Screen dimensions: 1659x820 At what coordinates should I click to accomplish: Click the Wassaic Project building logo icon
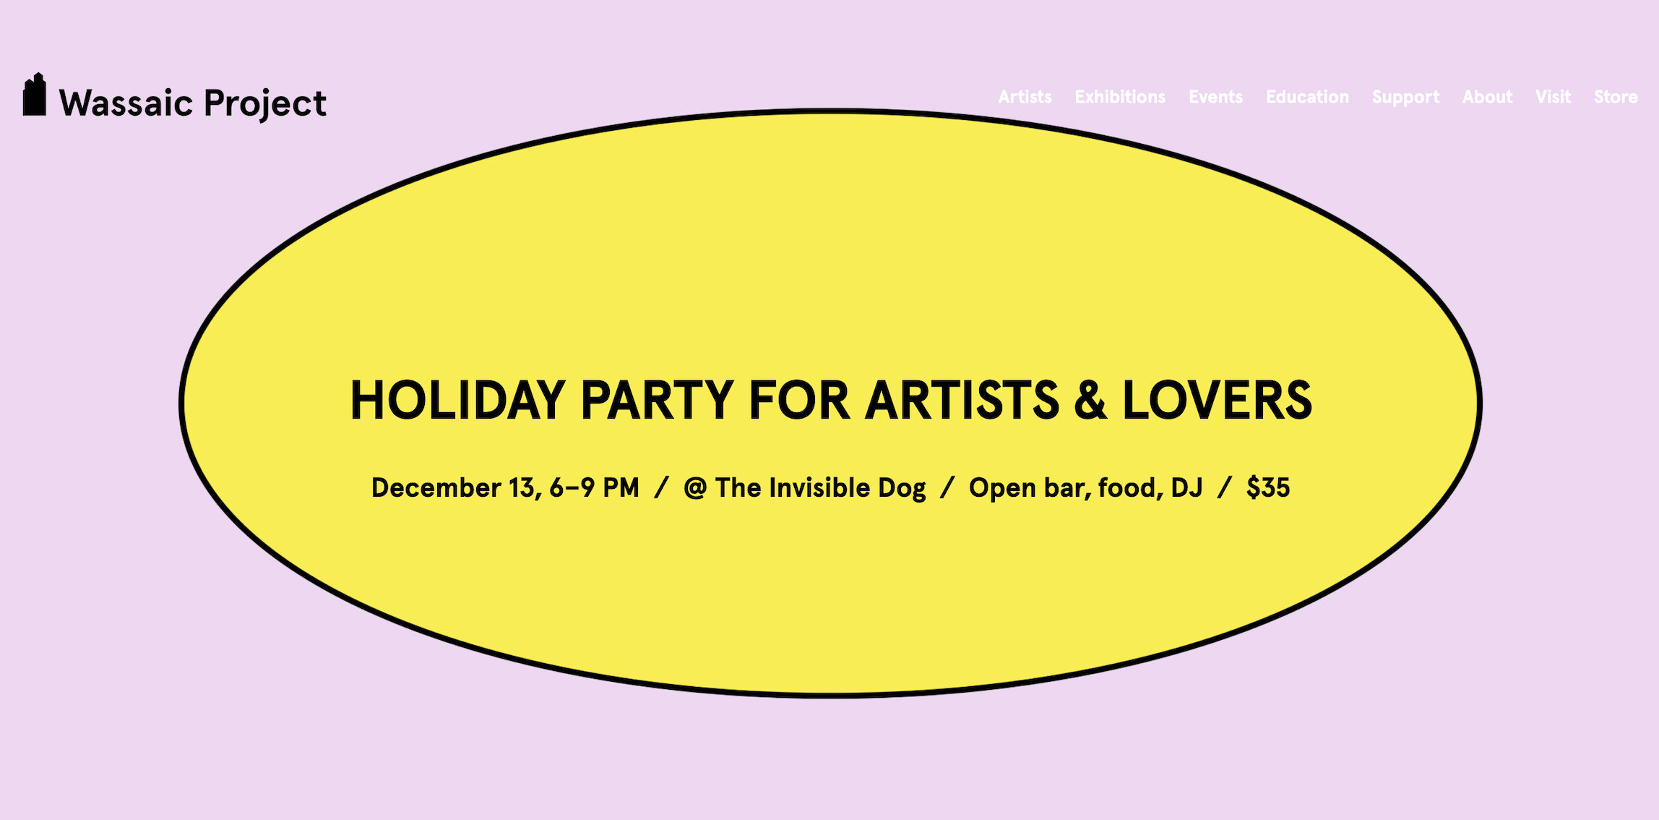coord(34,94)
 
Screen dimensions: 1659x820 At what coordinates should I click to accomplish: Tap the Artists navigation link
coord(1025,97)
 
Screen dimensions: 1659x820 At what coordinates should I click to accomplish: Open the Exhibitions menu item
coord(1120,97)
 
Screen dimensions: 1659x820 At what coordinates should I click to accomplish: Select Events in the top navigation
coord(1215,97)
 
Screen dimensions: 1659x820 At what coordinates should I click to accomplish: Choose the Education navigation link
coord(1307,97)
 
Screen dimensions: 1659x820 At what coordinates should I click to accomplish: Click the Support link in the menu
coord(1405,98)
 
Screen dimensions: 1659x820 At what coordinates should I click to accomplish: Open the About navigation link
coord(1487,97)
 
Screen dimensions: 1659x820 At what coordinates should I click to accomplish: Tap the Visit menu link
coord(1553,97)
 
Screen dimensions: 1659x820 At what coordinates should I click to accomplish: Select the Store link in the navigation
coord(1616,97)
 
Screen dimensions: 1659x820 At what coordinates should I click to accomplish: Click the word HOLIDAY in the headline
coord(457,400)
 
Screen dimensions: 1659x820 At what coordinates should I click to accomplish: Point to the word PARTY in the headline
coord(657,400)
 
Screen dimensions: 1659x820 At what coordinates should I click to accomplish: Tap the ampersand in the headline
coord(1090,400)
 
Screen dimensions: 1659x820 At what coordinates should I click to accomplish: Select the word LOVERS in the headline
coord(1217,400)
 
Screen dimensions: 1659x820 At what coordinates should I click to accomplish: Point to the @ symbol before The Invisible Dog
coord(695,489)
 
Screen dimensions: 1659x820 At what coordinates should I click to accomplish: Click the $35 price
coord(1268,488)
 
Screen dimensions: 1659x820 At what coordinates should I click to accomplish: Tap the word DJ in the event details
coord(1186,488)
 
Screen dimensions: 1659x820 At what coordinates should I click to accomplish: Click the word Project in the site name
coord(265,104)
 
